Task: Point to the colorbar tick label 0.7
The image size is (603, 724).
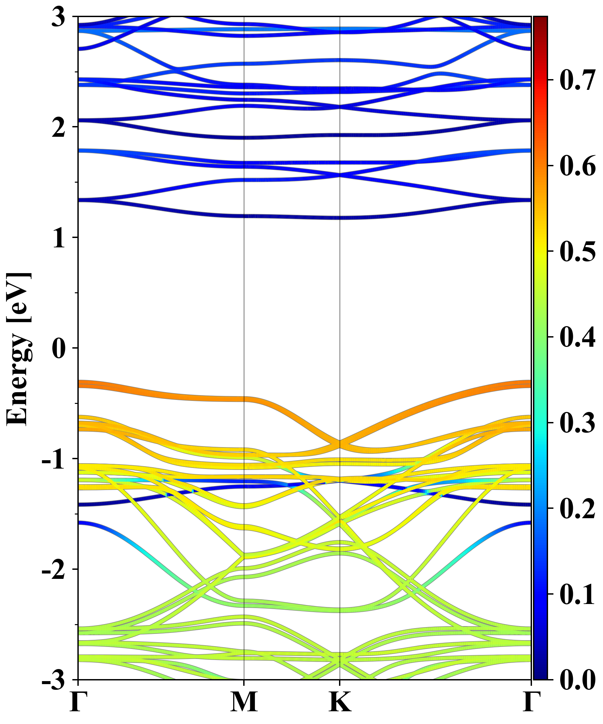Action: coord(578,80)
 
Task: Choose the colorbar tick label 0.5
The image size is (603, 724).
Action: coord(578,251)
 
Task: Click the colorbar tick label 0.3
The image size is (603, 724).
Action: coord(578,422)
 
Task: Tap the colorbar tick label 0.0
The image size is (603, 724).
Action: coord(578,679)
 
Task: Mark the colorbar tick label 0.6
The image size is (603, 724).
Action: coord(578,166)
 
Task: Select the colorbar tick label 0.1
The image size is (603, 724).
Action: coord(578,594)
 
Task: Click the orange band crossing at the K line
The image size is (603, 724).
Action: coord(340,444)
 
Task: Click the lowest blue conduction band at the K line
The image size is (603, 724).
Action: coord(340,218)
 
